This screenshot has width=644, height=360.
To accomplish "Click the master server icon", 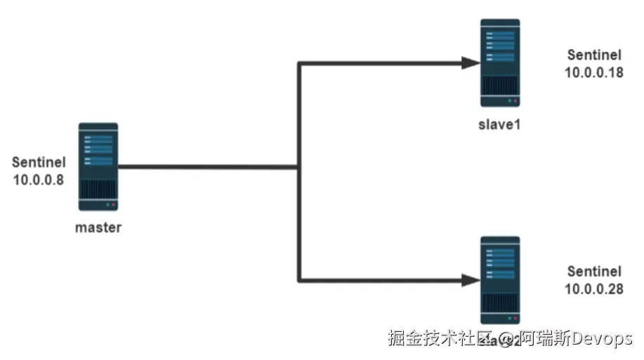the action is pos(98,167).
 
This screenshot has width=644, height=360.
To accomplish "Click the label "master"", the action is pos(98,227).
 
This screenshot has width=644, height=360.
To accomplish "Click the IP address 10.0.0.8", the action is pos(39,179).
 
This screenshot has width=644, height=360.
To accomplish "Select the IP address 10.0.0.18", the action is pos(593,71).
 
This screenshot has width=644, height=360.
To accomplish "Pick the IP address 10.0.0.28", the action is pos(593,288).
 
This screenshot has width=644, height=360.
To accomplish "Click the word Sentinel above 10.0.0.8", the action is pos(39,162).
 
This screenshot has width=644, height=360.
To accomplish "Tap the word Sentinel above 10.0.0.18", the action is pos(593,54).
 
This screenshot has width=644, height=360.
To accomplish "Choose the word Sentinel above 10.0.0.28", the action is pos(593,272).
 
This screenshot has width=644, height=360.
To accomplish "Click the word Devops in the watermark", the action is pos(602,339).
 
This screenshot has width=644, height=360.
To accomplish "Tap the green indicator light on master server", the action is pos(107,205).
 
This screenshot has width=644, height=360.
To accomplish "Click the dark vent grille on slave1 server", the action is pos(500,86).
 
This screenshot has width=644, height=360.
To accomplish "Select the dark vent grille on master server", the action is pos(98,189).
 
